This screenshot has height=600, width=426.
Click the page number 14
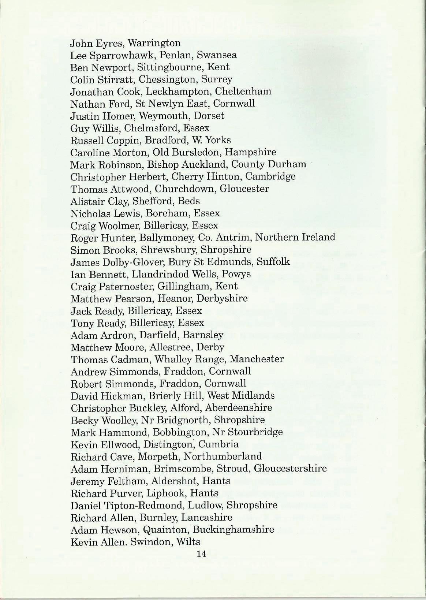coord(202,554)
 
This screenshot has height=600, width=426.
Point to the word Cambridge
coord(270,177)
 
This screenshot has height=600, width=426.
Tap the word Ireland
coord(318,237)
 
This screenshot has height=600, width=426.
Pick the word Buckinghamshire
coord(233,529)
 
